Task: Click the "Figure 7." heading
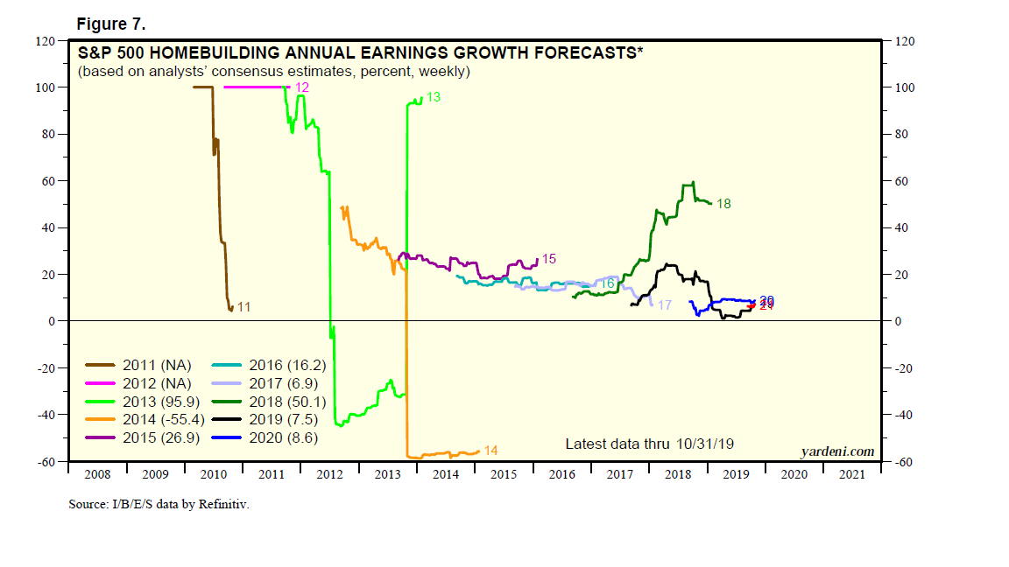point(109,24)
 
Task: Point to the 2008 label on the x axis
point(97,474)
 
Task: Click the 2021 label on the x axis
point(851,474)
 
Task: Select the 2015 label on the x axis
point(503,474)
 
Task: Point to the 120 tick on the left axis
point(46,41)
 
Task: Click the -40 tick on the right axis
point(902,415)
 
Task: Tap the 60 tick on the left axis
point(49,181)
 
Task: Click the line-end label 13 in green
point(433,98)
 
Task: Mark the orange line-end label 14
point(490,451)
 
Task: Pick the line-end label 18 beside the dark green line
point(723,204)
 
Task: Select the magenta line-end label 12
point(302,87)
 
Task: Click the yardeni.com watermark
point(837,451)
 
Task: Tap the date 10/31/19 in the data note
point(705,444)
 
